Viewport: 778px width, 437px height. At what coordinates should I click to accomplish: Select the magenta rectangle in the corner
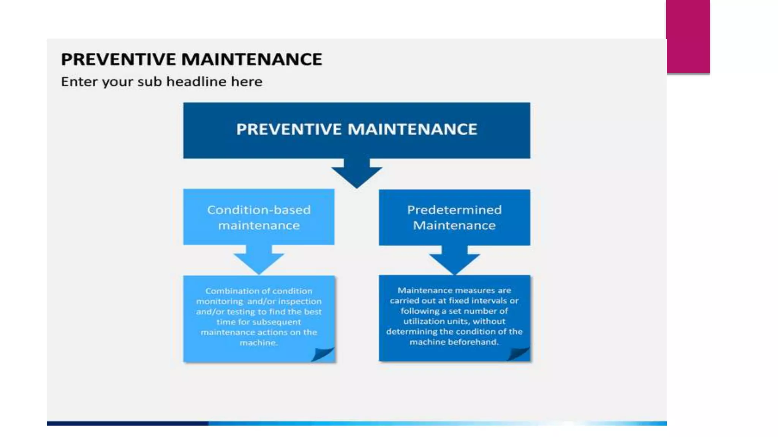688,36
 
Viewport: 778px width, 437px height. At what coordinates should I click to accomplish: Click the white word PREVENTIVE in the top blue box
289,129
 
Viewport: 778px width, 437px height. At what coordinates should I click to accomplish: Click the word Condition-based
259,210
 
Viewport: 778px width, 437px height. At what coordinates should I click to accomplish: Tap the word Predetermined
454,210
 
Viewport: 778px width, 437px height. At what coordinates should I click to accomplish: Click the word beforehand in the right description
473,342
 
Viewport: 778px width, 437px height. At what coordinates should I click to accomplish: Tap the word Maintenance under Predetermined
454,226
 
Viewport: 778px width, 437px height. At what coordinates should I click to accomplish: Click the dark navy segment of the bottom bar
127,423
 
